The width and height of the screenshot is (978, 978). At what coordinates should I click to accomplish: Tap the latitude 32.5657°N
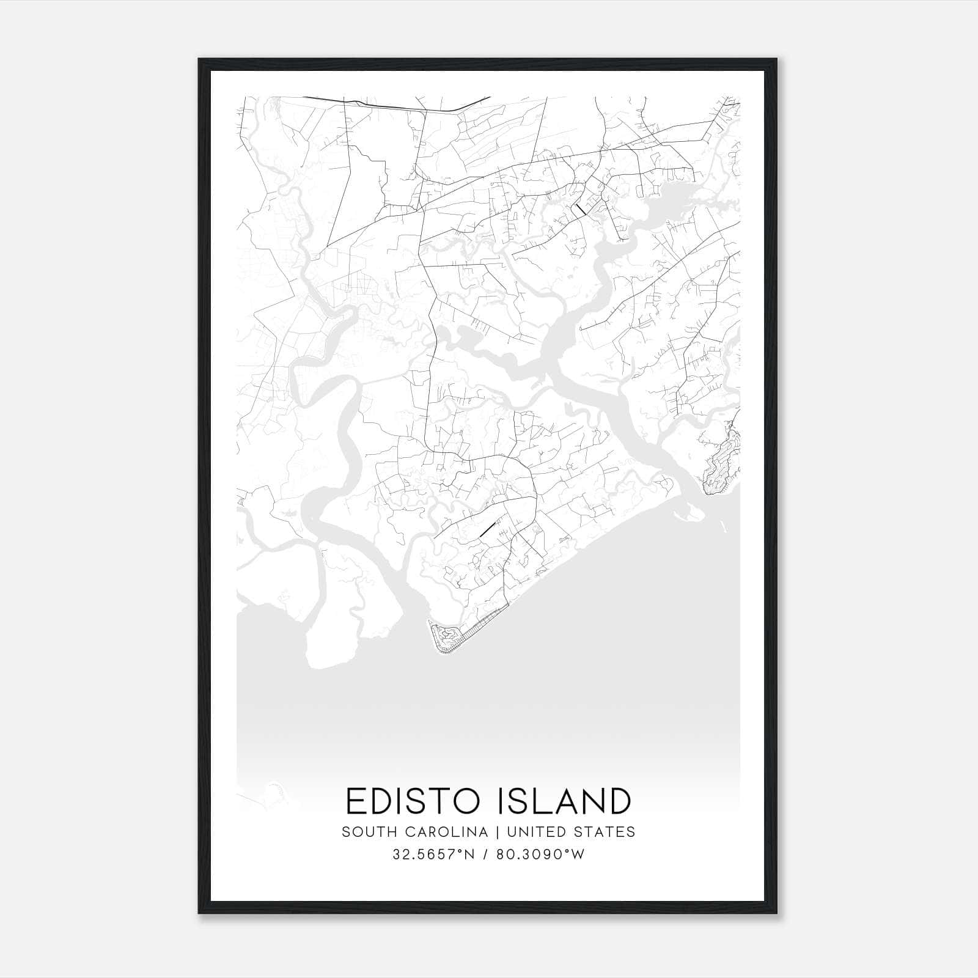[x=433, y=855]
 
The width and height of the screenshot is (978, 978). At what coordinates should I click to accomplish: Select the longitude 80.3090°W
[x=540, y=855]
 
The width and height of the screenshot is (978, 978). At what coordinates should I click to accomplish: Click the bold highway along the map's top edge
[x=397, y=105]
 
